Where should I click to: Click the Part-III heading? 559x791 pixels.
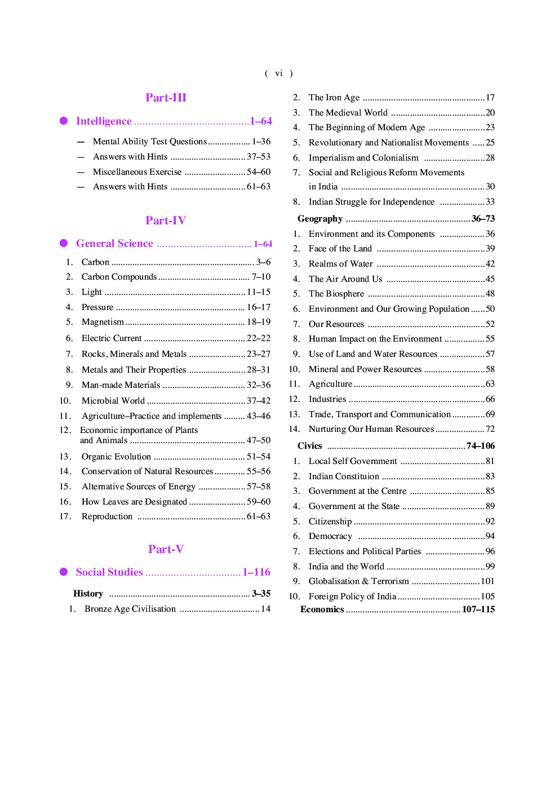[166, 98]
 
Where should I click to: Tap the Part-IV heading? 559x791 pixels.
[166, 220]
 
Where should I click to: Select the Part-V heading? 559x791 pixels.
[166, 549]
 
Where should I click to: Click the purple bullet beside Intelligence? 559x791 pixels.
[64, 121]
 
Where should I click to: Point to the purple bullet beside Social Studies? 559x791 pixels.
[64, 572]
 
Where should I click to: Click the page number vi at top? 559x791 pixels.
[279, 73]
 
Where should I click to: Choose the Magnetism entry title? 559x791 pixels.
[103, 322]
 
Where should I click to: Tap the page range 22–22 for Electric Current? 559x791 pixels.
[259, 338]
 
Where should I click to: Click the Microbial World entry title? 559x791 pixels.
[113, 401]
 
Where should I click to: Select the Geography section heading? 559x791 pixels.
[320, 219]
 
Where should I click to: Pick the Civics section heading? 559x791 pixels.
[309, 446]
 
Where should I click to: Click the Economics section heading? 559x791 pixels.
[322, 609]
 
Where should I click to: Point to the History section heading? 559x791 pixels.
[88, 594]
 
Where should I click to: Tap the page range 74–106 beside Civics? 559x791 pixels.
[481, 446]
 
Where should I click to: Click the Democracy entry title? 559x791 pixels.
[330, 536]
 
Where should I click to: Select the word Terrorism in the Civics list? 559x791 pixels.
[390, 581]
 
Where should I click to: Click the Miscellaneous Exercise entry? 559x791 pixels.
[137, 172]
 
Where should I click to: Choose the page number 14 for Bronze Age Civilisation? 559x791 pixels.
[265, 609]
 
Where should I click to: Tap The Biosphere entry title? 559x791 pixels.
[336, 294]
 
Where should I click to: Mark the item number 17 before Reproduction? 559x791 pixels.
[65, 516]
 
